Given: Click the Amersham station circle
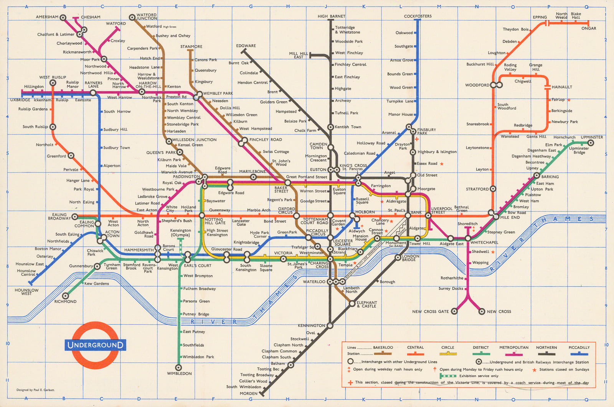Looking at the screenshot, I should tap(63, 18).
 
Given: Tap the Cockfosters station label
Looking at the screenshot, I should tap(418, 16).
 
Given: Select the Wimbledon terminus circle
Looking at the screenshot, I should tap(178, 368).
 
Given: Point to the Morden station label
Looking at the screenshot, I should tap(248, 394).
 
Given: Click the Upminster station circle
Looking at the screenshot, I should tap(591, 143).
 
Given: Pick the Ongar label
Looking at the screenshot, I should tap(589, 28).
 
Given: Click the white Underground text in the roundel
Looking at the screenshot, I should tap(96, 345).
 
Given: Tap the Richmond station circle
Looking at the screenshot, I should tap(66, 295).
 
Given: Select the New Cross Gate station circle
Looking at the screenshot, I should tap(454, 311).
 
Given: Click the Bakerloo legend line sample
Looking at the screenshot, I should tap(383, 353).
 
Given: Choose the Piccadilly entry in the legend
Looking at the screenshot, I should tap(579, 348).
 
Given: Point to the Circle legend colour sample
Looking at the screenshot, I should tap(447, 353).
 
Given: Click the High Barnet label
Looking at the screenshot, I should tap(331, 16).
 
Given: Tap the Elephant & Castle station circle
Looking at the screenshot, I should tap(352, 304).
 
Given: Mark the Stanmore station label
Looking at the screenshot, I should tap(191, 46).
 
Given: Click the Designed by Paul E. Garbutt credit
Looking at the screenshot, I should tap(35, 390).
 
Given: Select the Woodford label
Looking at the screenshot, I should tap(477, 85).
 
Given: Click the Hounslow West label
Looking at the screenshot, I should tap(26, 292).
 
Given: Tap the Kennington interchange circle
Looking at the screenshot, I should tap(330, 325).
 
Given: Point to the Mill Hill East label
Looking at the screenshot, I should tap(298, 55).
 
